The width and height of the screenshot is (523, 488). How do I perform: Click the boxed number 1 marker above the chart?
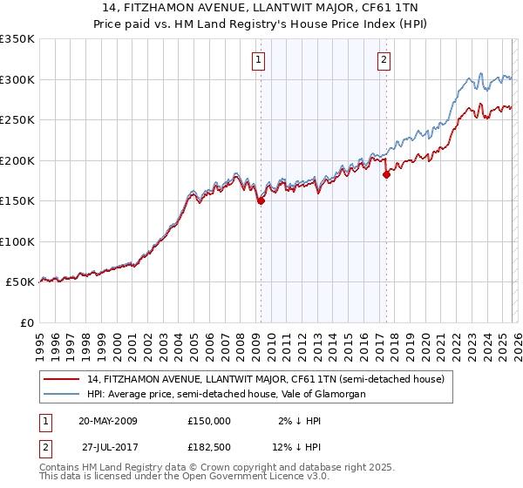pos(260,60)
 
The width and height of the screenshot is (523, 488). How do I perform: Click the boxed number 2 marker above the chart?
pos(384,60)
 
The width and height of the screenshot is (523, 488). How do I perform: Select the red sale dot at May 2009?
pos(261,201)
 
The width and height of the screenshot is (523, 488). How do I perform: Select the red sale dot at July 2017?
pos(386,174)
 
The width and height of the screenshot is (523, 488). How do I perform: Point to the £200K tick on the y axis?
pos(17,160)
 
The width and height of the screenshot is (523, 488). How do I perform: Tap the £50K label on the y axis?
pos(20,282)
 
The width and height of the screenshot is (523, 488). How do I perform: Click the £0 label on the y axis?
pos(26,322)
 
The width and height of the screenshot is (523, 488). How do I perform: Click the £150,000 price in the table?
pos(209,420)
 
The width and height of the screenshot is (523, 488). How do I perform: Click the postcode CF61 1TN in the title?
pos(390,9)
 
